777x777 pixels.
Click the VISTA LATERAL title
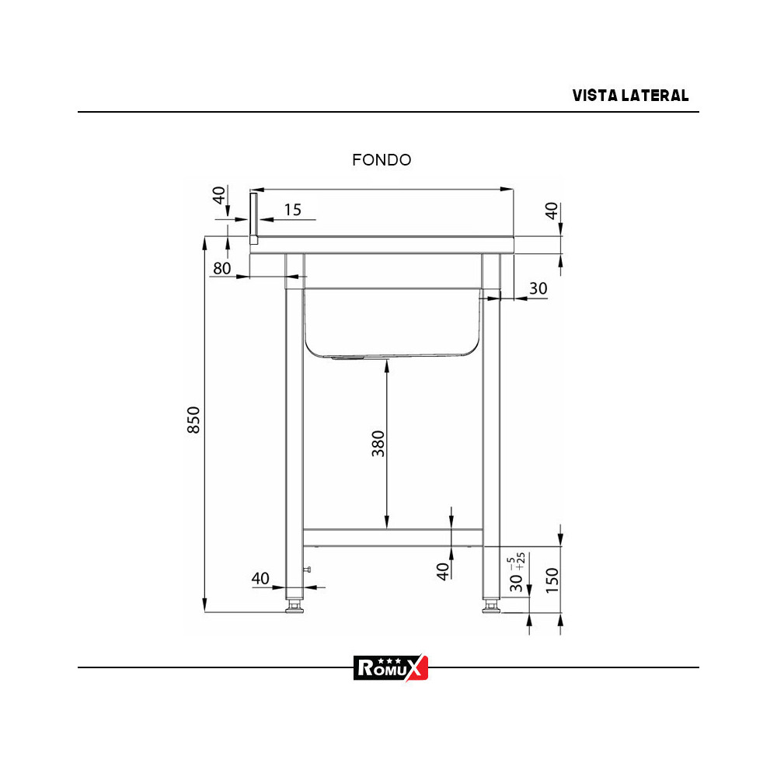coord(630,96)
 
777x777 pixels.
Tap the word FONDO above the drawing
coord(382,160)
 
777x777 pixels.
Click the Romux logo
coord(391,667)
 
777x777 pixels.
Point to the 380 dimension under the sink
coord(378,443)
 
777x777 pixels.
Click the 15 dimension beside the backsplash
coord(292,209)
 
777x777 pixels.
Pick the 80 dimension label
coord(222,268)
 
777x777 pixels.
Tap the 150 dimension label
coord(552,580)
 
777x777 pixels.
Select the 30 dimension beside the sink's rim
coord(538,288)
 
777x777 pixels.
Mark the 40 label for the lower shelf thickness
coord(443,571)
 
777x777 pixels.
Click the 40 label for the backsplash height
coord(219,195)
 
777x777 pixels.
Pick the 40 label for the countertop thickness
coord(551,211)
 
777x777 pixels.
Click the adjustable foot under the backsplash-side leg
coord(294,606)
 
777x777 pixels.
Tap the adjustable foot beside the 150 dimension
coord(490,606)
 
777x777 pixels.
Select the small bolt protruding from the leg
coord(308,571)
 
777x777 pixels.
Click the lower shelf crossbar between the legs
coord(392,536)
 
